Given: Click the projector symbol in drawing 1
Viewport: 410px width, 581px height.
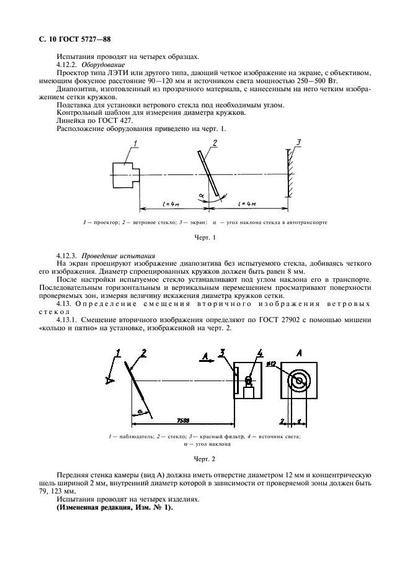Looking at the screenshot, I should click(125, 173).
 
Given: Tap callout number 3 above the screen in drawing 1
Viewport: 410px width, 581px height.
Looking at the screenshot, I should click(298, 143).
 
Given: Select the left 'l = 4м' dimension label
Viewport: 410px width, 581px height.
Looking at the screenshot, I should click(170, 204).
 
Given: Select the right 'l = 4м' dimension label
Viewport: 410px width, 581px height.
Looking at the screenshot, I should click(250, 204).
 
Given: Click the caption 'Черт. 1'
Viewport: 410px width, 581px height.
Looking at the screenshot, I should click(205, 238).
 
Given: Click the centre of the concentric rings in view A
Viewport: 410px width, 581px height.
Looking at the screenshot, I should click(299, 381).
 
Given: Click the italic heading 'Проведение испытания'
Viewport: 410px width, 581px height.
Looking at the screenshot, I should click(114, 256).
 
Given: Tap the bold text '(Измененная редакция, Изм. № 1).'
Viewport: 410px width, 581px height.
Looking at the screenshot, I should click(115, 507).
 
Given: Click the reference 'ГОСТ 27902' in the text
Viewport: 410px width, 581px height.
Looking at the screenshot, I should click(247, 320).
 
